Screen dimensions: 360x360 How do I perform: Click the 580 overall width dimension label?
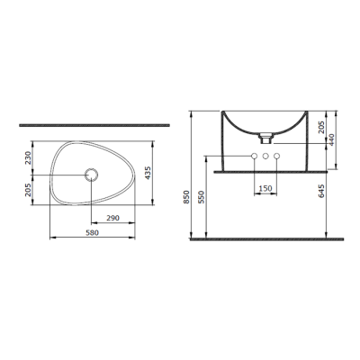point(91,232)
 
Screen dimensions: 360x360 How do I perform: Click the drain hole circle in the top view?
point(91,174)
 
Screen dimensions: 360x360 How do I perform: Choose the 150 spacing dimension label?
point(265,188)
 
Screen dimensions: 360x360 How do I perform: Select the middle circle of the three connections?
point(265,157)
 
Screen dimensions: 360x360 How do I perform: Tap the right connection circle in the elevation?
point(276,157)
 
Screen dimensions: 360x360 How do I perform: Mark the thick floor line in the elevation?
point(265,240)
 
